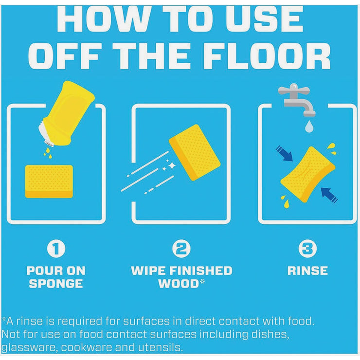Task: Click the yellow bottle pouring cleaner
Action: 69,114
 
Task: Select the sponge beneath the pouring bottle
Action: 49,181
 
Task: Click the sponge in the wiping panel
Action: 195,152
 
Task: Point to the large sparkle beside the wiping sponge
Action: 172,165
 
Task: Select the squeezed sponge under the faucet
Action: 307,175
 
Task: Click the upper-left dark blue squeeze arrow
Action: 284,153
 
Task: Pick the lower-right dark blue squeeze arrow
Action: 329,196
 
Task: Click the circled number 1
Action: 56,249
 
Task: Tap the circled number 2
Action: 181,249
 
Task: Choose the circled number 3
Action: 307,249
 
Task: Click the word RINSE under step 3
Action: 307,270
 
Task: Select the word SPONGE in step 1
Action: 56,284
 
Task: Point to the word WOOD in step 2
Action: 179,284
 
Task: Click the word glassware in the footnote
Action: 28,347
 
